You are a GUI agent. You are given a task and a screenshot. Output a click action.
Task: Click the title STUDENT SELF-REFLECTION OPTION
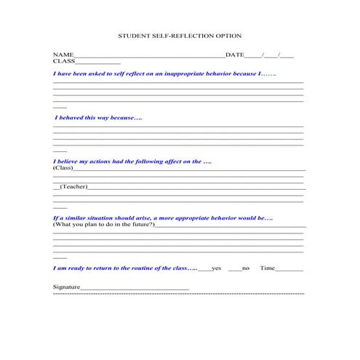180,36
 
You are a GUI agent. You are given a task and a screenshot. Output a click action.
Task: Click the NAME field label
63,55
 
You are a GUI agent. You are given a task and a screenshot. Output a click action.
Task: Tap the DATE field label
235,55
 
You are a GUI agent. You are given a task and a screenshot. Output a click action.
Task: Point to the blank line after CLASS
99,63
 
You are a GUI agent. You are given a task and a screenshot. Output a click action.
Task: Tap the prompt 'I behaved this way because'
98,117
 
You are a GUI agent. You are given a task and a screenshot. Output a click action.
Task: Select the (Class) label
63,168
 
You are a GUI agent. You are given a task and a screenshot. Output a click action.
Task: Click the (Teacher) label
73,186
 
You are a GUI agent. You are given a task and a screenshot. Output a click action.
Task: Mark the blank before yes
204,269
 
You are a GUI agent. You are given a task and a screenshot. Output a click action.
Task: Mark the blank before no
234,269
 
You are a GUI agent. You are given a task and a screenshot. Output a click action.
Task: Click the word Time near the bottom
268,268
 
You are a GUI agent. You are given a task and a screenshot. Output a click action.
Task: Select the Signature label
66,287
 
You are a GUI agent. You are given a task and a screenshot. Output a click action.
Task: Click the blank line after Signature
135,289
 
